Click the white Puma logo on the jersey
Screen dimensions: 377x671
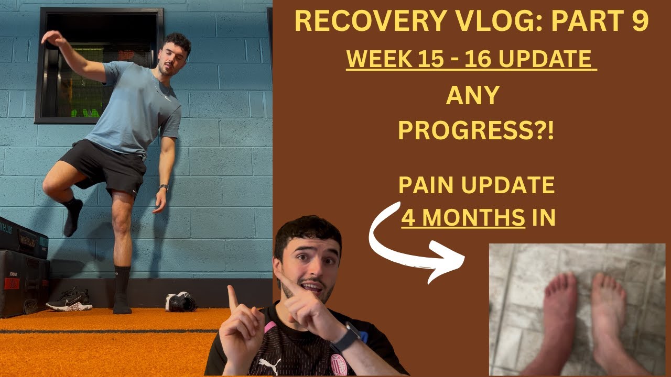(x=269, y=365)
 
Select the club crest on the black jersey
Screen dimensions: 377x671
(x=339, y=364)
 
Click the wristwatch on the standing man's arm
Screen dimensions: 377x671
(x=164, y=187)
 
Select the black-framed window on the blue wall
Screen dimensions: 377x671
(x=99, y=65)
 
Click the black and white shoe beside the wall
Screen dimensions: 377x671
(x=180, y=302)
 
